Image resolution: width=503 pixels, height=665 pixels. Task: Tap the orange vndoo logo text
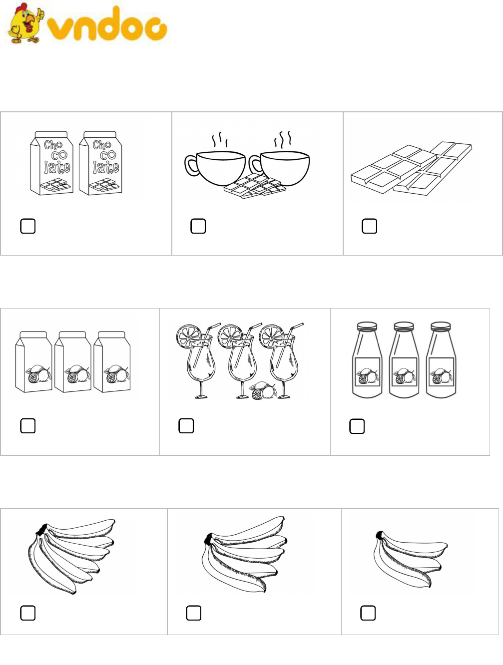pyautogui.click(x=107, y=24)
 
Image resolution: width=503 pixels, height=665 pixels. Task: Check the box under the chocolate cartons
pyautogui.click(x=28, y=226)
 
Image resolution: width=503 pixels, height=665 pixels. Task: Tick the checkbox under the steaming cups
pyautogui.click(x=198, y=226)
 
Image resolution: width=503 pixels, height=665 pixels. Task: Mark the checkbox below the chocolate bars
pyautogui.click(x=369, y=226)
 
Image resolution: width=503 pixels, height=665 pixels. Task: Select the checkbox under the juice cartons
pyautogui.click(x=28, y=426)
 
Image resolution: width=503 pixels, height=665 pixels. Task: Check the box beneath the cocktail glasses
pyautogui.click(x=186, y=426)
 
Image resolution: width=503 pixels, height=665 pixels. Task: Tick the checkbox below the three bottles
pyautogui.click(x=357, y=426)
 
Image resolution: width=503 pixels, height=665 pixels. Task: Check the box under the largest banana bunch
pyautogui.click(x=28, y=613)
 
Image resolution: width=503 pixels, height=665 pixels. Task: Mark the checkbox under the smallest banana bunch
pyautogui.click(x=368, y=613)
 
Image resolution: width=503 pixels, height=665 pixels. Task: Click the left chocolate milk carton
pyautogui.click(x=52, y=163)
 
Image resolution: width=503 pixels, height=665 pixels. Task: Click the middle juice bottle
pyautogui.click(x=404, y=359)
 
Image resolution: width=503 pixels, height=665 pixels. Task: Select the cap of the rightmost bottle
pyautogui.click(x=441, y=326)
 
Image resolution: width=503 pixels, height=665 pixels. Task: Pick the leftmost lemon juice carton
pyautogui.click(x=33, y=362)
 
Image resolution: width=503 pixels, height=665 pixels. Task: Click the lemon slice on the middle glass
pyautogui.click(x=230, y=335)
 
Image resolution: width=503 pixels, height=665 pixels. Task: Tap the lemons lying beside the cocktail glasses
pyautogui.click(x=262, y=390)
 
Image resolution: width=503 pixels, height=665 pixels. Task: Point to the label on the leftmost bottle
pyautogui.click(x=367, y=372)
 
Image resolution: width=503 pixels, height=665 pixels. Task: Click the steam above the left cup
pyautogui.click(x=220, y=139)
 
